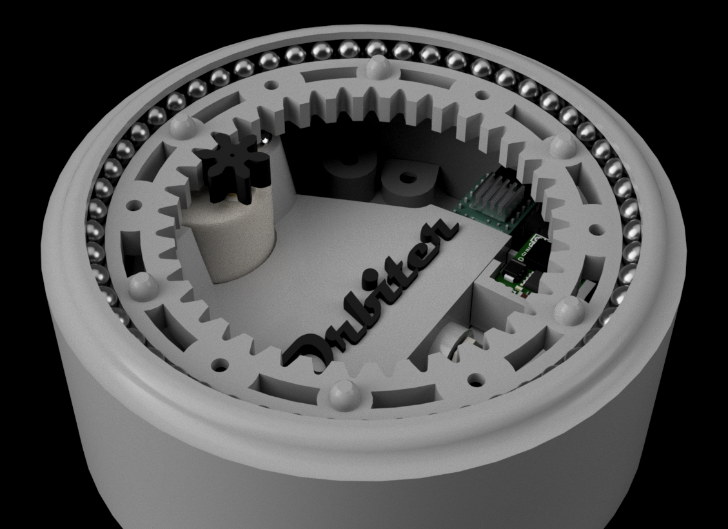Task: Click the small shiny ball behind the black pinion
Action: (264, 138)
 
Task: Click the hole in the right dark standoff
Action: (408, 179)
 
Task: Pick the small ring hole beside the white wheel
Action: (477, 379)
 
